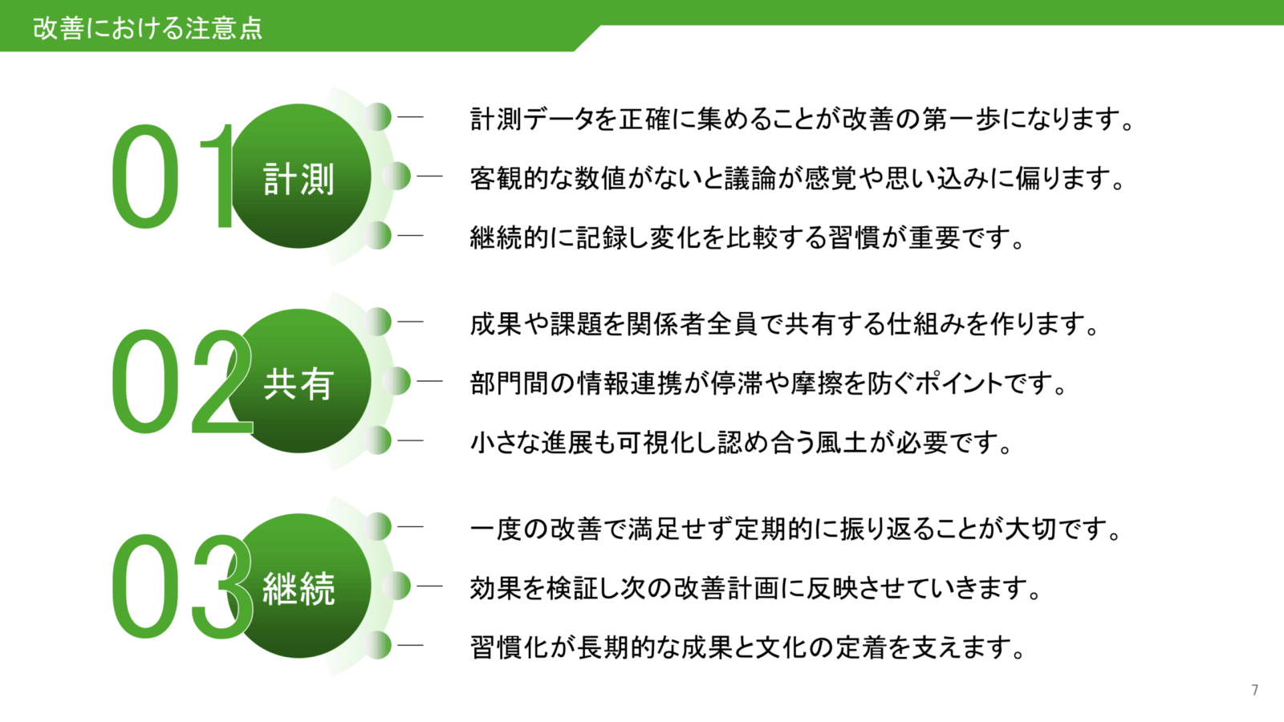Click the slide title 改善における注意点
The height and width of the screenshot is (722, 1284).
[148, 28]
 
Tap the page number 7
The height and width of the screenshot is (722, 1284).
[1255, 690]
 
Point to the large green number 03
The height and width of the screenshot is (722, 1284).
[180, 587]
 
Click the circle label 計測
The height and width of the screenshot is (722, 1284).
[299, 178]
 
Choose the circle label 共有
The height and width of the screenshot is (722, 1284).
[299, 383]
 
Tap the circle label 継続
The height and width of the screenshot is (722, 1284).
[299, 589]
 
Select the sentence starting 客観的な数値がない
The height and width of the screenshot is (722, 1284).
[798, 178]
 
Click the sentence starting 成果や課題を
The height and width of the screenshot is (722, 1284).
[785, 324]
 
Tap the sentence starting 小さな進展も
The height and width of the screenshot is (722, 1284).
[742, 442]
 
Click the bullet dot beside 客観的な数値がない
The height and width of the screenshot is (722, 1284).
[396, 176]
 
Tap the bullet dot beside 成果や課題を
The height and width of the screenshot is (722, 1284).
[378, 322]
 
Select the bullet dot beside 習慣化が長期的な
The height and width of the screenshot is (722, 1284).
[378, 645]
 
